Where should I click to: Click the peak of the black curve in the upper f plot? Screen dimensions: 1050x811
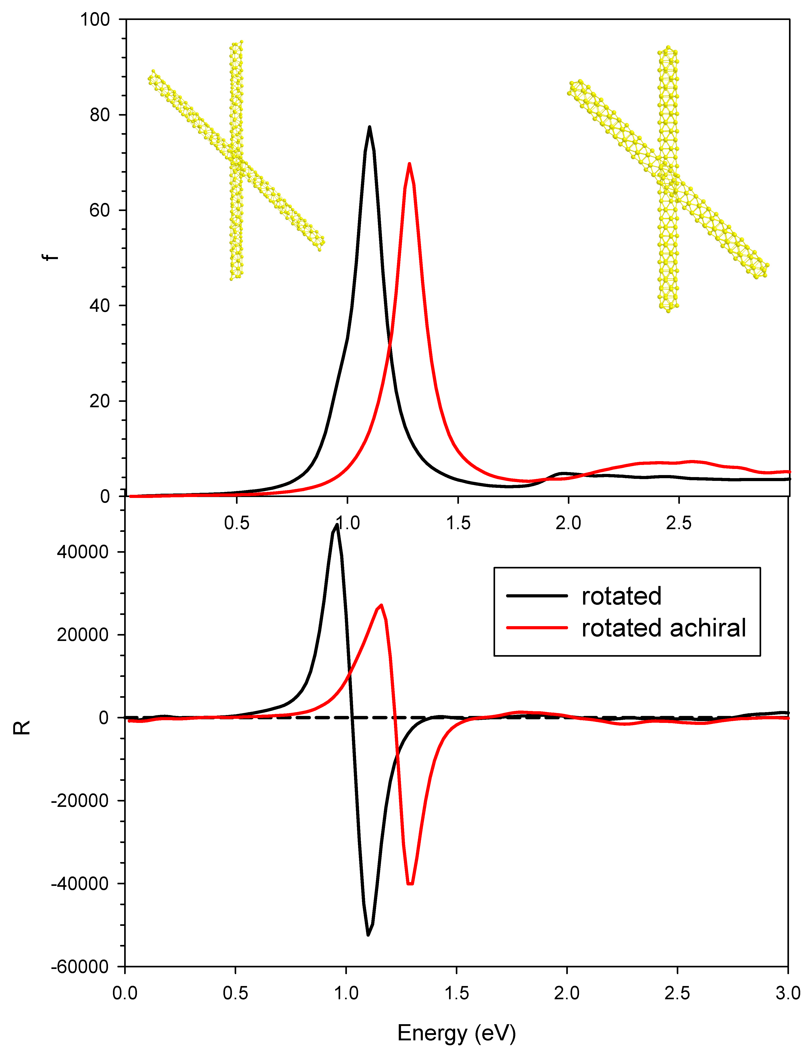(x=369, y=127)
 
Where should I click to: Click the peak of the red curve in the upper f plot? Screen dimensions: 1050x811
(x=409, y=164)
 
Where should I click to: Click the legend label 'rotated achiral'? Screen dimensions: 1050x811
(x=663, y=628)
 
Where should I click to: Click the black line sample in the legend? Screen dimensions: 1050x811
(x=537, y=596)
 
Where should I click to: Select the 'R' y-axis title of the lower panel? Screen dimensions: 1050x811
(x=22, y=727)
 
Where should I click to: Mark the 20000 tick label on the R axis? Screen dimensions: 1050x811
(x=83, y=635)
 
